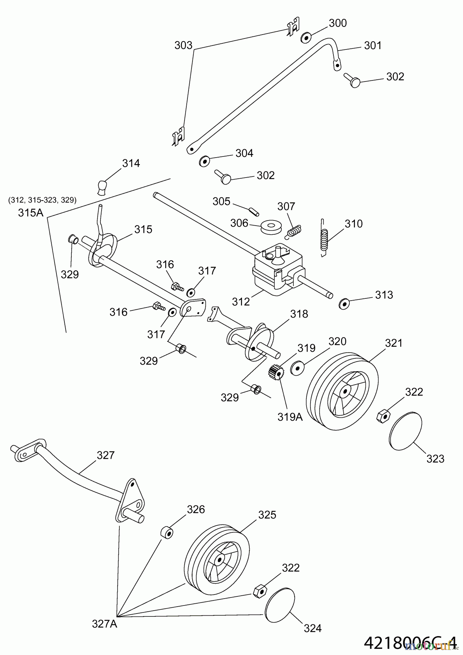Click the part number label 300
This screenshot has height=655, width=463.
coord(338,23)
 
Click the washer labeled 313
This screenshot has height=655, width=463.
coord(343,303)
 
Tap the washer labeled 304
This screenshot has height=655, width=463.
coord(205,161)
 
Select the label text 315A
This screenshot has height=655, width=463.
coord(31,213)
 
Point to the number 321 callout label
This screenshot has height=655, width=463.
coord(394,343)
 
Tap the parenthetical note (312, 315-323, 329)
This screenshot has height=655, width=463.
coord(42,200)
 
